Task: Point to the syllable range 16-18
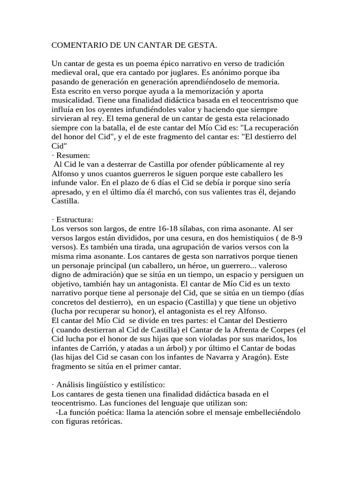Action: pyautogui.click(x=171, y=228)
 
